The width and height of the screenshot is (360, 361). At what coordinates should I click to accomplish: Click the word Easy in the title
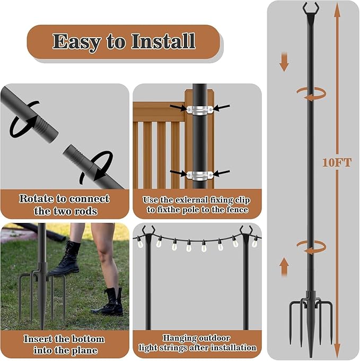tap(75, 41)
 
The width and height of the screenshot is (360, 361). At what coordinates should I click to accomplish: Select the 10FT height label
tap(337, 163)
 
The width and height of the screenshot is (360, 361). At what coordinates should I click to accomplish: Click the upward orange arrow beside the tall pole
tap(284, 266)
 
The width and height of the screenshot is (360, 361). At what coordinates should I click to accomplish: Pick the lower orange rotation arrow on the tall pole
tap(311, 245)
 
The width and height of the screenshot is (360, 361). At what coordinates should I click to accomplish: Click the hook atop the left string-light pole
tap(147, 231)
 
